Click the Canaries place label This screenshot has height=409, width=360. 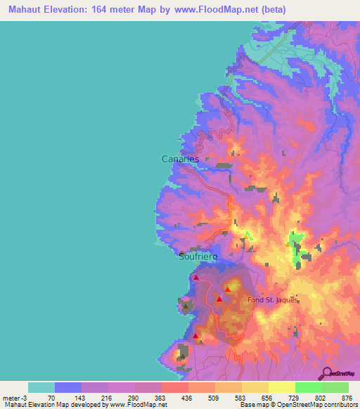[x=180, y=160]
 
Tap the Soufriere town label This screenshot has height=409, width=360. [x=199, y=257]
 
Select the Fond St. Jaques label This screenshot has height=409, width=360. [x=274, y=299]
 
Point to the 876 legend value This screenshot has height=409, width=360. [x=346, y=398]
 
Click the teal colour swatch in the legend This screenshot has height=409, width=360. [x=41, y=387]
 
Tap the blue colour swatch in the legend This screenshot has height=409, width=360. [x=68, y=387]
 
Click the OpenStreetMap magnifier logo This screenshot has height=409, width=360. [x=326, y=373]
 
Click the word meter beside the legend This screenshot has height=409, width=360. [x=10, y=398]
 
